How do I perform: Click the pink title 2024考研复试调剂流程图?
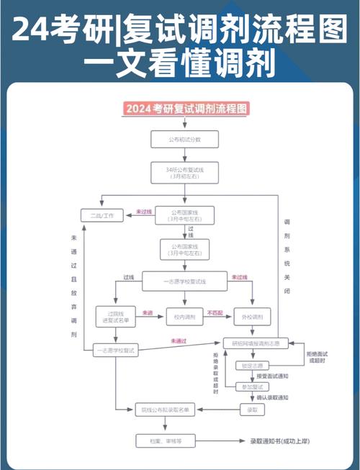click(x=186, y=109)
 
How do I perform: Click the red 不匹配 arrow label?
click(x=215, y=312)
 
